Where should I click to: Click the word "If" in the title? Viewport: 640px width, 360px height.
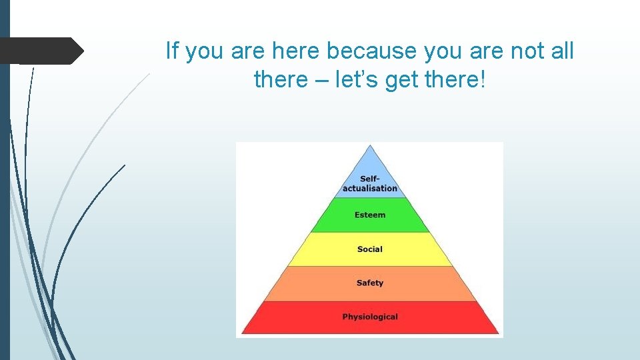(172, 50)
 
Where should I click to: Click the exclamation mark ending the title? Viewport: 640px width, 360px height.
(483, 81)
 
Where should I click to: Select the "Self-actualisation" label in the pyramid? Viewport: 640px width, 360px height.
(370, 183)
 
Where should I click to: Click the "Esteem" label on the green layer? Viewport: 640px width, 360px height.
(370, 215)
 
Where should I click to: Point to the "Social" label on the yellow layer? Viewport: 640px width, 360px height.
(370, 249)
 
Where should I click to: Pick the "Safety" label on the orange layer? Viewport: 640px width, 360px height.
(370, 283)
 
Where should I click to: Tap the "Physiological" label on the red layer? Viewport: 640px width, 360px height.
(370, 317)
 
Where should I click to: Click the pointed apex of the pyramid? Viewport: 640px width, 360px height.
(370, 147)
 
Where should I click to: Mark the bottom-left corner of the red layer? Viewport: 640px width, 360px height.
(243, 333)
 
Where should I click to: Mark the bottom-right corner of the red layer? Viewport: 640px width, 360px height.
(498, 333)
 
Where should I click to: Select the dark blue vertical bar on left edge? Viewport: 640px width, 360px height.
(5, 180)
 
